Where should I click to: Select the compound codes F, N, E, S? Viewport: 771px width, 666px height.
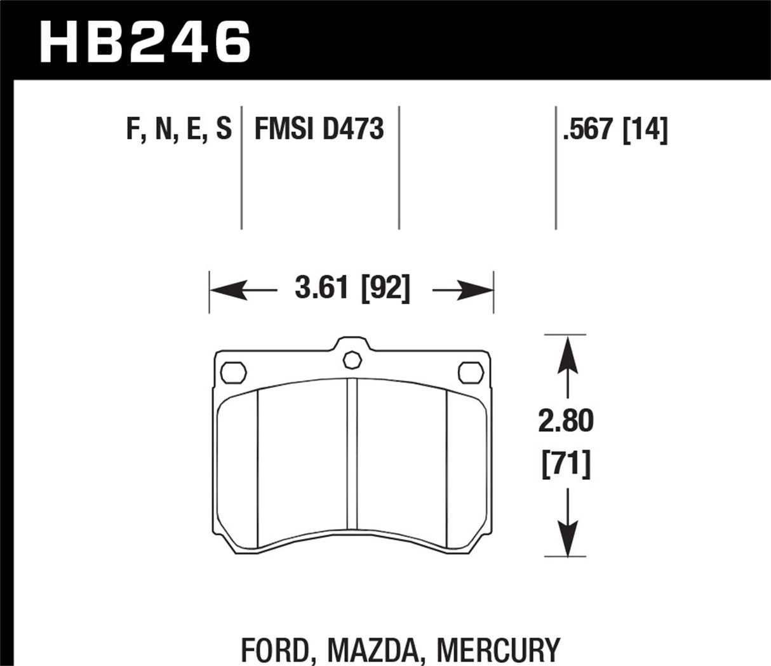[178, 130]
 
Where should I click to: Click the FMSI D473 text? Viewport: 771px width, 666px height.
[319, 130]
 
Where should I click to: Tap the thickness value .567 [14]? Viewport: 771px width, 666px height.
[614, 130]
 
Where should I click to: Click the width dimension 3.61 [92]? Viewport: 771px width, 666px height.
[352, 289]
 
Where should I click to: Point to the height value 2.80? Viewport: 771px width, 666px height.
[566, 421]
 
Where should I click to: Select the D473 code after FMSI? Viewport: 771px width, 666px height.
[353, 130]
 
